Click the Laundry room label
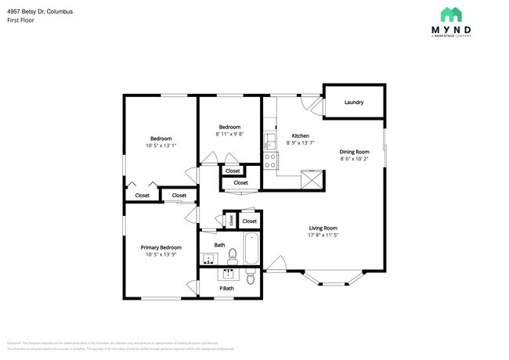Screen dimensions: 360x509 pos(353,102)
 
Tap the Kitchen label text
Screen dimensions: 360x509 pos(301,135)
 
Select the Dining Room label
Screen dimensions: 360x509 pos(354,152)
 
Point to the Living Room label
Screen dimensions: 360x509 pos(322,228)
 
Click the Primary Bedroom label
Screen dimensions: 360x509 pos(161,247)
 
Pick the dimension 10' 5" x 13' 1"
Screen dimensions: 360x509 pos(161,145)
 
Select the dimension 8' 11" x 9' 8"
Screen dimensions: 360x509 pos(229,134)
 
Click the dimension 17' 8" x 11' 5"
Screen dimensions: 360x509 pos(322,235)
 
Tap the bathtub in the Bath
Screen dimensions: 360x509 pos(251,249)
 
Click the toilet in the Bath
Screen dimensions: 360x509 pos(232,254)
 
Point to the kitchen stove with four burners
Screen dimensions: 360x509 pos(270,160)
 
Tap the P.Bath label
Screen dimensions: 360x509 pos(227,289)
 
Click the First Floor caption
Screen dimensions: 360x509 pos(20,20)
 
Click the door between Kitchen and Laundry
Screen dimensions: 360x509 pos(312,106)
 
